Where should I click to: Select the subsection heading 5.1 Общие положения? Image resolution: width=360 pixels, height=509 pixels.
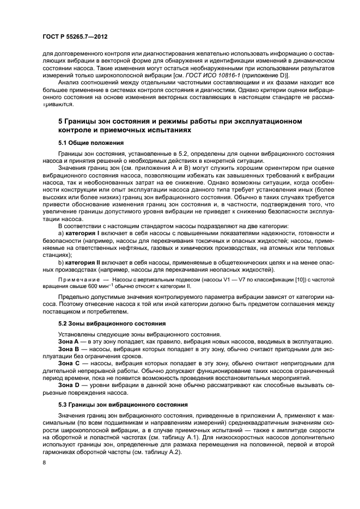90,143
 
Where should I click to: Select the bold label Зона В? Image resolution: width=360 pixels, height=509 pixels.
69,348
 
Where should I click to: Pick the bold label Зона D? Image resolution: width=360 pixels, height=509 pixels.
69,385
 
